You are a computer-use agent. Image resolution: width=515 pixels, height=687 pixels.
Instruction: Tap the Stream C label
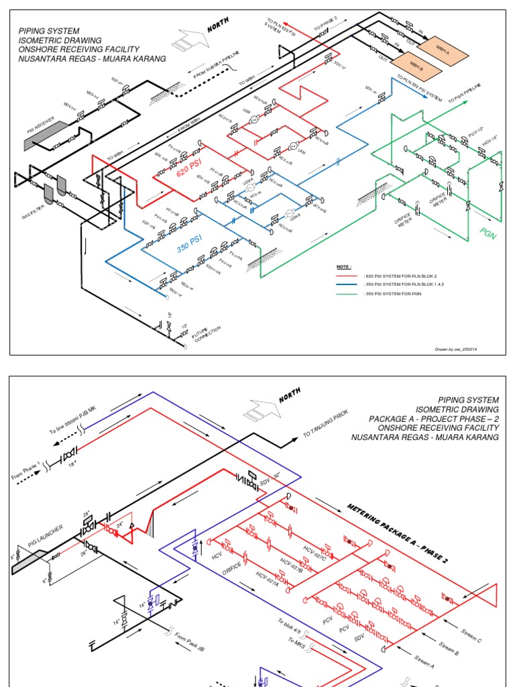tap(470, 634)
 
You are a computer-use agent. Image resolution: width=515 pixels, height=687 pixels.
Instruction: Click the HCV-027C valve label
tap(315, 554)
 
